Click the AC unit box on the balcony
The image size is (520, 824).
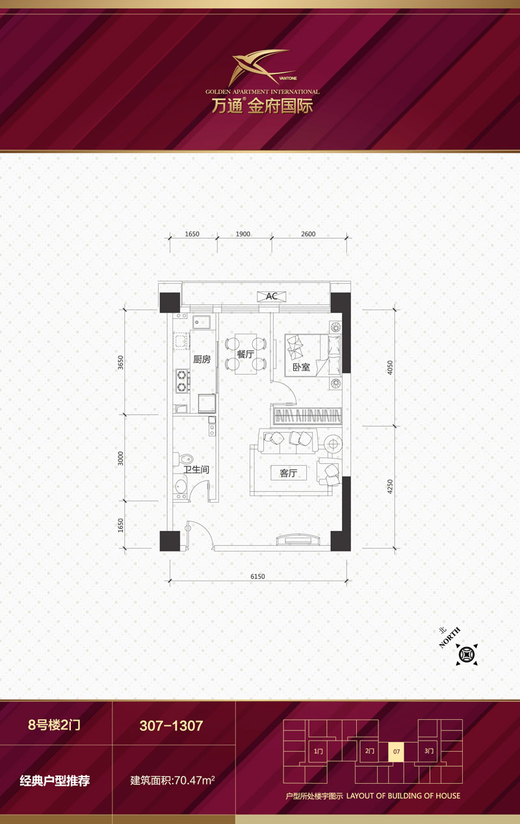click(x=272, y=296)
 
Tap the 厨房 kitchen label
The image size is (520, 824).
click(x=202, y=359)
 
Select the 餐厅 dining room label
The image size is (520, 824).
click(x=245, y=354)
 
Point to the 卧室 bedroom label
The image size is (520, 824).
click(x=301, y=367)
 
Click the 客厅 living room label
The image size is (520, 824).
click(x=289, y=473)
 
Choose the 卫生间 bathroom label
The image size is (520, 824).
click(x=196, y=470)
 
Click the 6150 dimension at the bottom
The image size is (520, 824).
click(x=257, y=576)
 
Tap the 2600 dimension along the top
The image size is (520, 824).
click(x=308, y=234)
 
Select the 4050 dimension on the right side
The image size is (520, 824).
click(x=390, y=367)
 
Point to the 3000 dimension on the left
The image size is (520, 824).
click(x=121, y=459)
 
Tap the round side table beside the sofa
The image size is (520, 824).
click(x=333, y=444)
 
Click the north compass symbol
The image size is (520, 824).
click(x=467, y=654)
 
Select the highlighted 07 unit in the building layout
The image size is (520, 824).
click(x=396, y=752)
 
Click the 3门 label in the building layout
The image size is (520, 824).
click(x=429, y=751)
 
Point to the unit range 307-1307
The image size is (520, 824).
click(x=172, y=726)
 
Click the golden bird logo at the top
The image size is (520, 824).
click(x=262, y=68)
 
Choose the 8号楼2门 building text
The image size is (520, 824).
click(x=55, y=724)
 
